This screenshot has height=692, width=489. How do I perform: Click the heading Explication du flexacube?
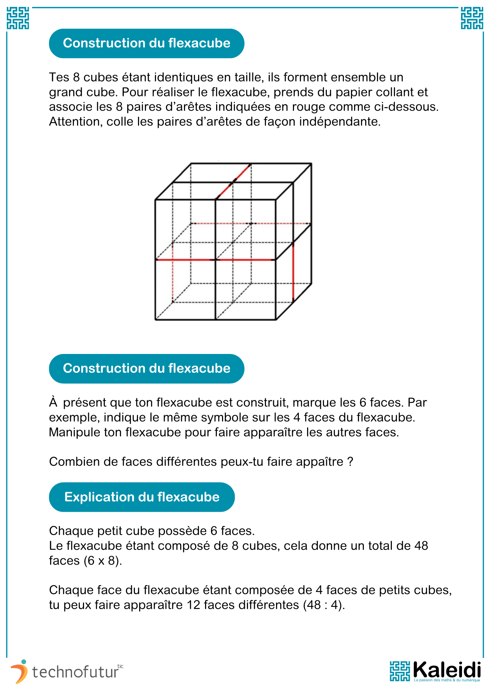tap(142, 497)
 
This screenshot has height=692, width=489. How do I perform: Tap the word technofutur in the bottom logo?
tap(75, 672)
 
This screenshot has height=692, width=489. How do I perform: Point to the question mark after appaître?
tap(350, 462)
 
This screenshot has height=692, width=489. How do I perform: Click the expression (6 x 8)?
tap(103, 561)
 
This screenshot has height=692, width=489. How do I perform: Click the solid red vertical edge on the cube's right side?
tap(293, 272)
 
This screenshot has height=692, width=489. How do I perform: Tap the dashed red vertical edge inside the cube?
tap(173, 280)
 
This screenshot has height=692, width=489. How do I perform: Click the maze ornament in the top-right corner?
tap(472, 18)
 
